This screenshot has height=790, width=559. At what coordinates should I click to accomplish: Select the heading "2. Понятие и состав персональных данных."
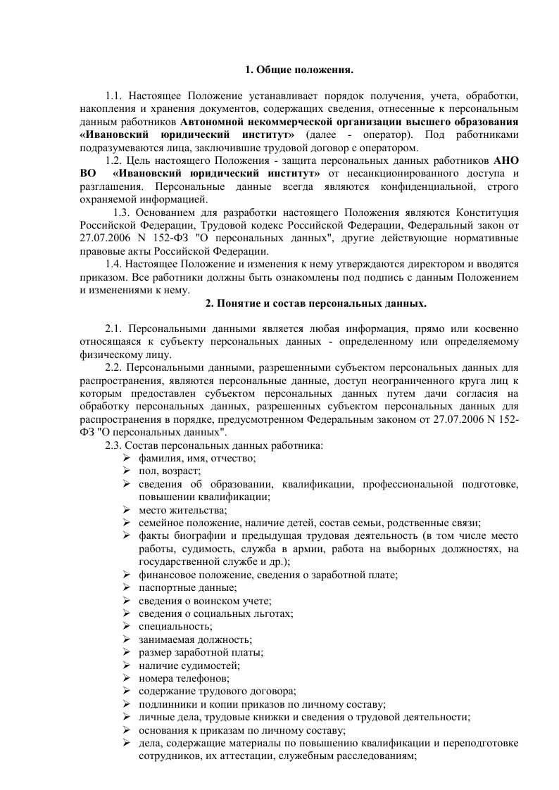(x=315, y=303)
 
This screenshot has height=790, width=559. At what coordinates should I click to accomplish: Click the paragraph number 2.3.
(x=114, y=445)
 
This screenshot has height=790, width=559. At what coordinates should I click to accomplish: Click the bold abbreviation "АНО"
(x=506, y=160)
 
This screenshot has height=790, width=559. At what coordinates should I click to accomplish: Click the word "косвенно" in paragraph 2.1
(x=498, y=329)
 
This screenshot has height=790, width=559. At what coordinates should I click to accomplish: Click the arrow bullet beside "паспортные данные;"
(x=125, y=587)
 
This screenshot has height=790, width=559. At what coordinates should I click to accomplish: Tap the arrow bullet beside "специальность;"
(x=125, y=626)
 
